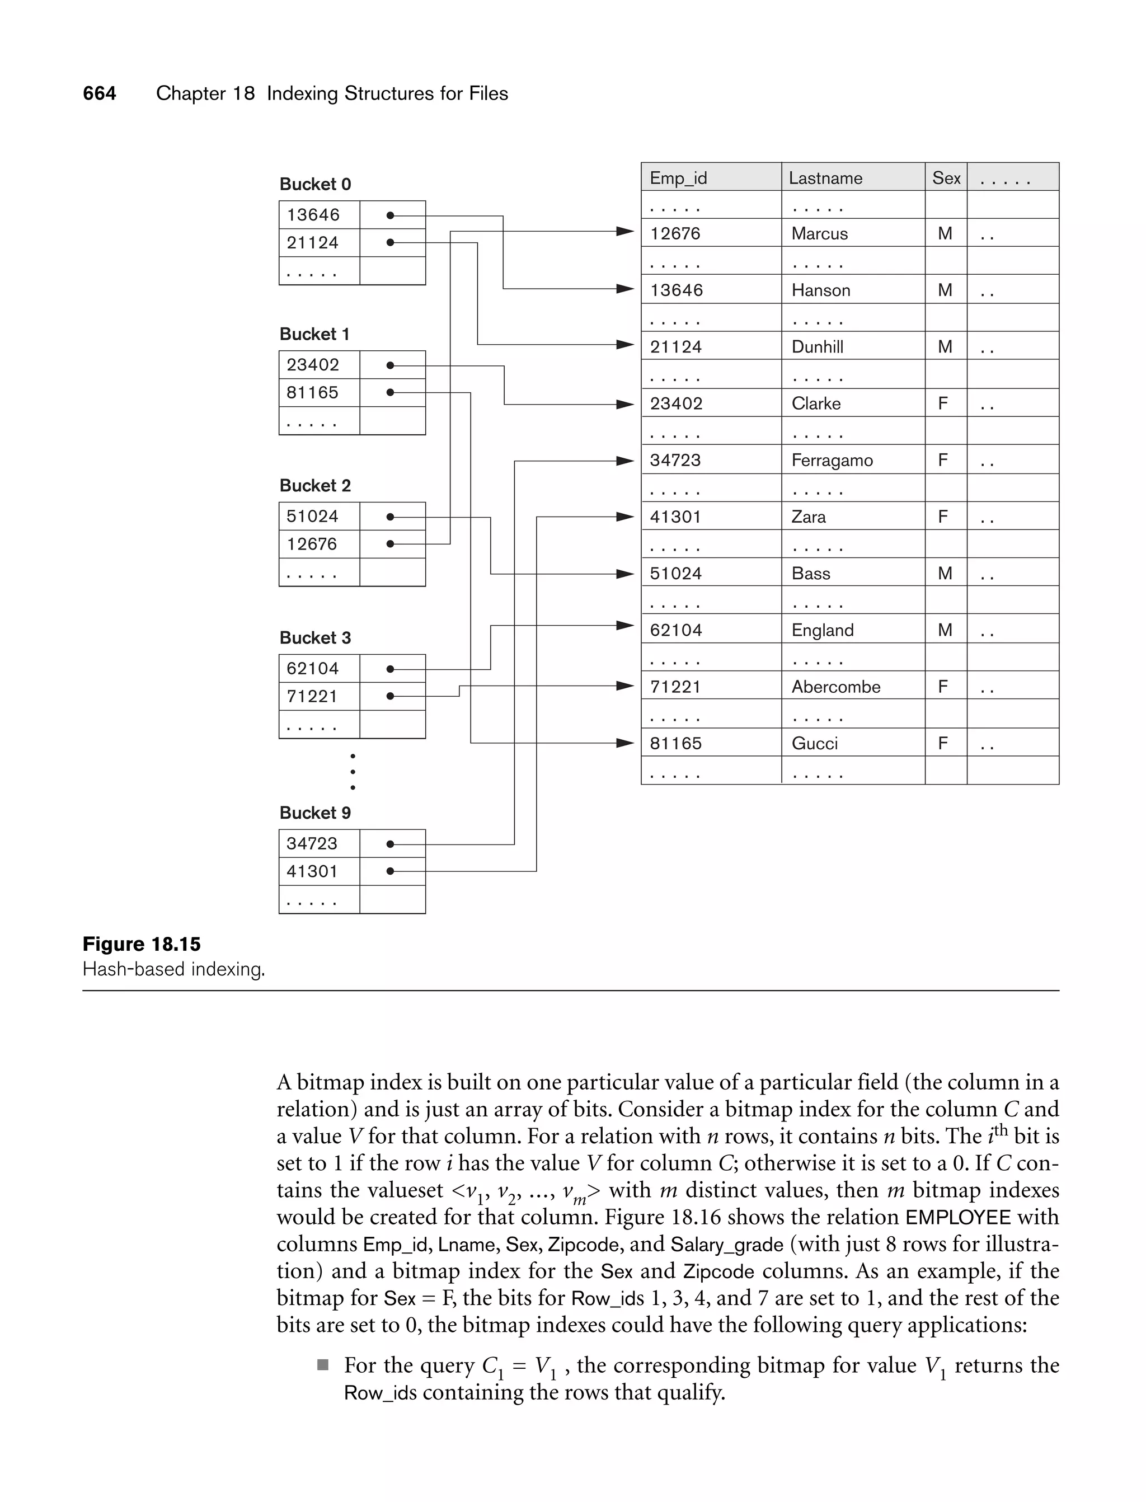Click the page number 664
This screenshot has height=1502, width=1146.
[99, 93]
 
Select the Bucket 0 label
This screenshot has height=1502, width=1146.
[315, 184]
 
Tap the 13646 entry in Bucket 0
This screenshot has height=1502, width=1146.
[313, 215]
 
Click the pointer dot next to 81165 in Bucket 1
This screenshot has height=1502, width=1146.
[390, 393]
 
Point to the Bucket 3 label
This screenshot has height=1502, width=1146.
[315, 638]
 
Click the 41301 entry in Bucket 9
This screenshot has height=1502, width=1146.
[312, 872]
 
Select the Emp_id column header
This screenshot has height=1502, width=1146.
[678, 178]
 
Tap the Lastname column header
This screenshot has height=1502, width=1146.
[825, 178]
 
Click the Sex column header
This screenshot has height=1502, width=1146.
[946, 178]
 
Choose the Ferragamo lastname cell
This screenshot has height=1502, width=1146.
[832, 461]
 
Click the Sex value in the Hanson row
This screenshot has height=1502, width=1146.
[945, 290]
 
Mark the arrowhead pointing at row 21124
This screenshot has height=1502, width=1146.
[625, 345]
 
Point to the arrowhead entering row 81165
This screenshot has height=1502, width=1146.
[625, 743]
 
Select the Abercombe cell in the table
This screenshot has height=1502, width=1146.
[835, 687]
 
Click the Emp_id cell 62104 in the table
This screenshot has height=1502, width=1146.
[676, 630]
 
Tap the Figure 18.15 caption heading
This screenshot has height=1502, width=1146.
[142, 944]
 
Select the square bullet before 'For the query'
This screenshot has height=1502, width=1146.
[323, 1365]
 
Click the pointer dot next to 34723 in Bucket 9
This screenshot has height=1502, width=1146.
[390, 844]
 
